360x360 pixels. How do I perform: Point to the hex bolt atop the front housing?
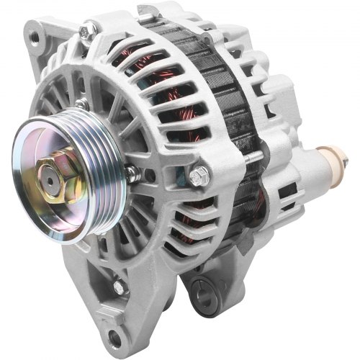[89, 30]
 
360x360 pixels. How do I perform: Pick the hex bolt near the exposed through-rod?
[199, 174]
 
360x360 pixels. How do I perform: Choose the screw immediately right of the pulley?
[131, 173]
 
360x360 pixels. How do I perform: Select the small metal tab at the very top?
[148, 10]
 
